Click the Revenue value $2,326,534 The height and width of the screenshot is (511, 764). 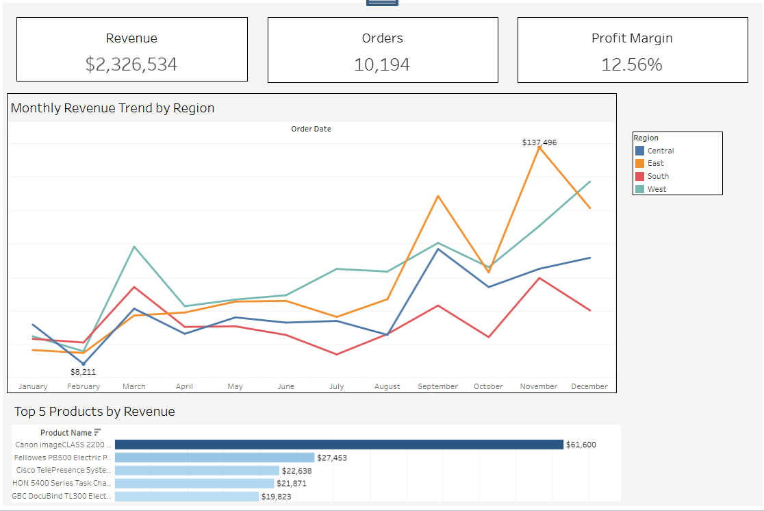coord(131,64)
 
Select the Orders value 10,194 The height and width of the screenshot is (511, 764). coord(382,64)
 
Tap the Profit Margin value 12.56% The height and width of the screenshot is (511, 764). coord(632,64)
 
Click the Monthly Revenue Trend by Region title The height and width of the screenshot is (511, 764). coord(113,108)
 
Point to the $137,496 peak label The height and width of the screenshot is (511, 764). coord(539,142)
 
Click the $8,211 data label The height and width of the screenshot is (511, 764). coord(84,372)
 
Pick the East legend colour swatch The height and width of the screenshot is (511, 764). coord(640,164)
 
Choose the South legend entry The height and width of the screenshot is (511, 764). coord(658,176)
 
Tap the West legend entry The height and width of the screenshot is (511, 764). coord(657,189)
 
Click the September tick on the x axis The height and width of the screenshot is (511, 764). coord(438,386)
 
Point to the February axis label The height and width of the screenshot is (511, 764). coord(84,386)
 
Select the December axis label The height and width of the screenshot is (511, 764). coord(589,386)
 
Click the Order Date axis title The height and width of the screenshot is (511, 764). coord(311,129)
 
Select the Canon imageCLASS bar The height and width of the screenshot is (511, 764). coord(339,445)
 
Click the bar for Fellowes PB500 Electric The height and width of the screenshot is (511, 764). coord(214,458)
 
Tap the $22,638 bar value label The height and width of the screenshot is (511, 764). coord(296,471)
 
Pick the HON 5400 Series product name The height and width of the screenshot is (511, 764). coord(62,484)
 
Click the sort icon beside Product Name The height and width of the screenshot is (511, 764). coord(98,432)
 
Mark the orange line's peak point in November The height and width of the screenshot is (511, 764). coord(539,147)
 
